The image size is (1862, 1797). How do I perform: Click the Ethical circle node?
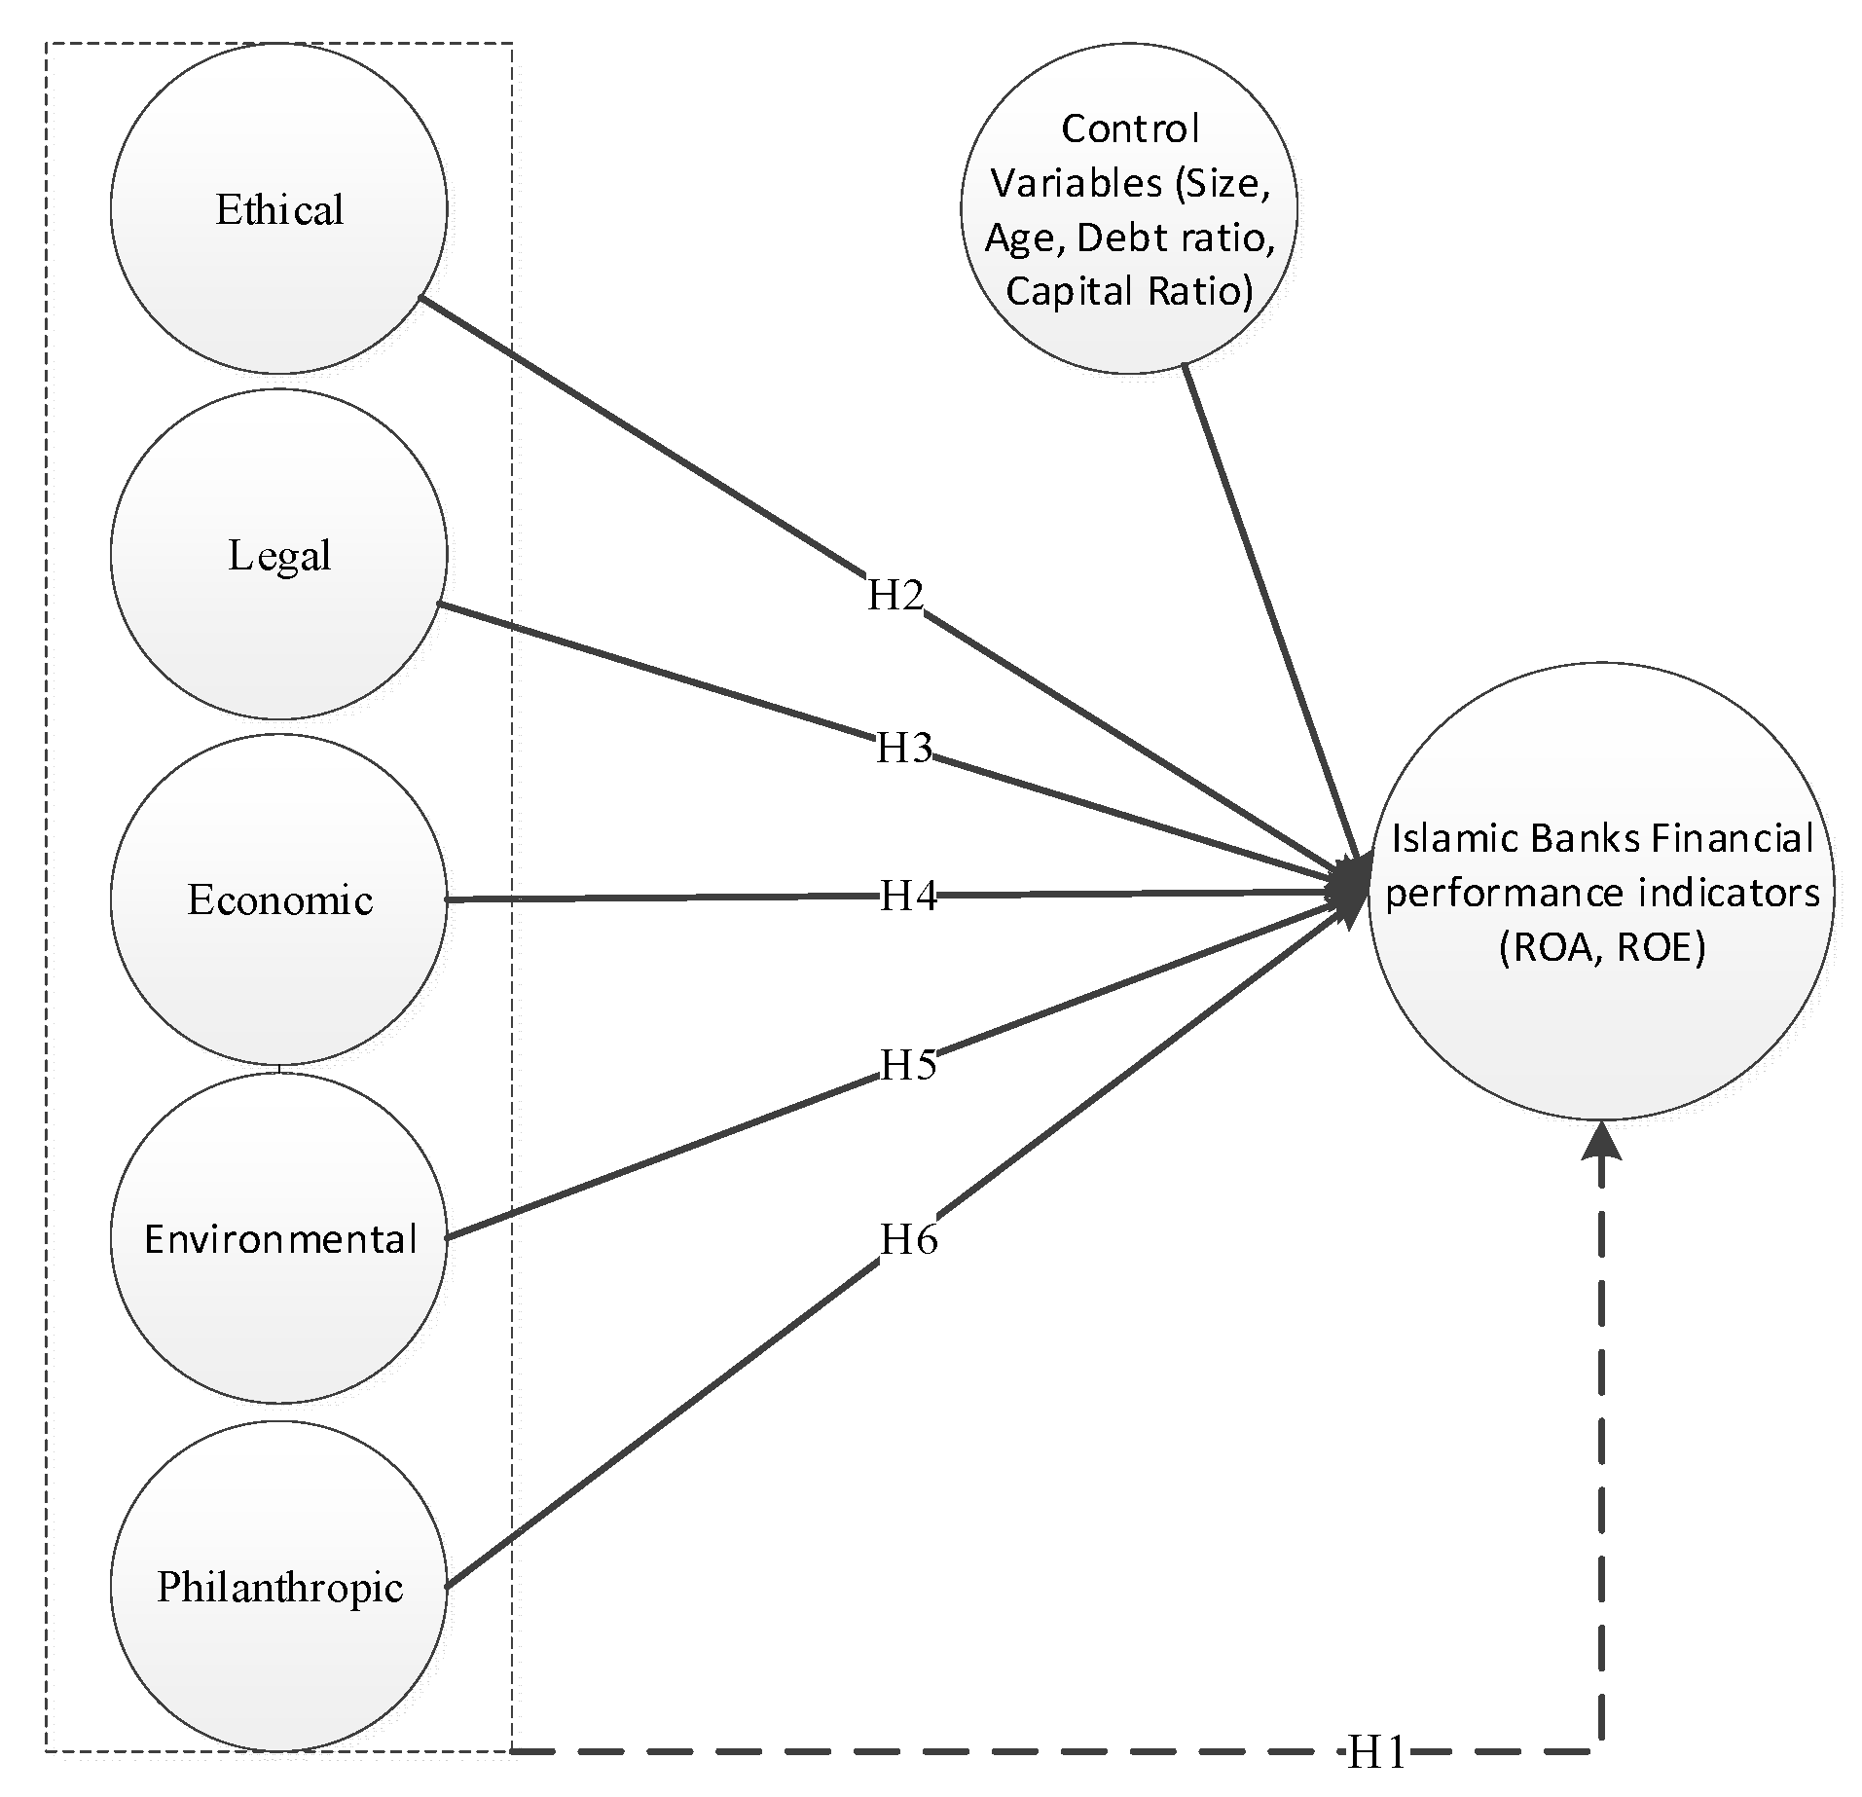tap(278, 209)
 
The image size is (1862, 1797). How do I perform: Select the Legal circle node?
tap(278, 555)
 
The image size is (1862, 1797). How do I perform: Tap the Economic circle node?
tap(278, 899)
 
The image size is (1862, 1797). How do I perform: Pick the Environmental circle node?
tap(278, 1238)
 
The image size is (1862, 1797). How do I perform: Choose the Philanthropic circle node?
tap(278, 1587)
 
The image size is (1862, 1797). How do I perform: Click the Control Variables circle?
tap(1129, 209)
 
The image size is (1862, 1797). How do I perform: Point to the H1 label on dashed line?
tap(1376, 1753)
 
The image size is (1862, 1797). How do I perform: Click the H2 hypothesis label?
tap(894, 594)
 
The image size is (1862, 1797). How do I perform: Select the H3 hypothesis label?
tap(904, 748)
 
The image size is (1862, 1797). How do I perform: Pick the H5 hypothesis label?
tap(908, 1065)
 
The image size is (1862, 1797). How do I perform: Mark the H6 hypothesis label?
tap(908, 1239)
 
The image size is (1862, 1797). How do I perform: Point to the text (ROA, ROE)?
tap(1602, 947)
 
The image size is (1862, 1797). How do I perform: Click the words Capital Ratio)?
tap(1129, 291)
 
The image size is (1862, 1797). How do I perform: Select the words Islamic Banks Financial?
tap(1602, 838)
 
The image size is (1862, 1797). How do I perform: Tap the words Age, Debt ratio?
tap(1129, 237)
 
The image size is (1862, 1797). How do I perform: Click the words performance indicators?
tap(1602, 893)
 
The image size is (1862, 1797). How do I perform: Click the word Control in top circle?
tap(1129, 128)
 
